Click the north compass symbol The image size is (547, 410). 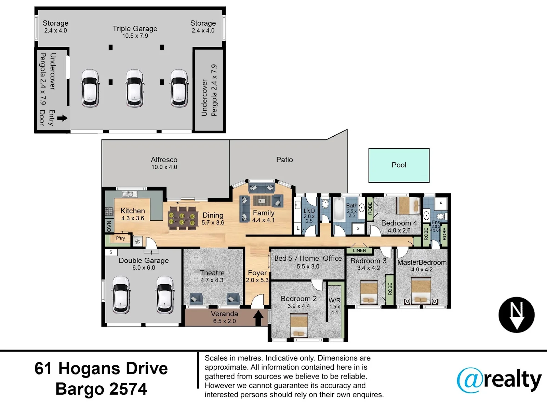pos(516,315)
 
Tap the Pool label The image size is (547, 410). pos(399,165)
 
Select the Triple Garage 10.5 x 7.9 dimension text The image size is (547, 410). pos(135,36)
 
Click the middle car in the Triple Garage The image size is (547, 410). pos(135,88)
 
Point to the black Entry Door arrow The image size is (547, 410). pos(62,118)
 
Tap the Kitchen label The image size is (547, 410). pos(133,211)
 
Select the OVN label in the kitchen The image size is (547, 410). pos(109,226)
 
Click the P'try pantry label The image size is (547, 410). pos(120,238)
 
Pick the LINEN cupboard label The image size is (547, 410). pos(359,250)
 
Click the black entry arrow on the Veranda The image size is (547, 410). pos(258,318)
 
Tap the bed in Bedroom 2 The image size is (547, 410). pos(299,326)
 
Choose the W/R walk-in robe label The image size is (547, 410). pos(334,300)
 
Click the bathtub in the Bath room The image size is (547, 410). pos(339,209)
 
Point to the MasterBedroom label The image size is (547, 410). pos(422,262)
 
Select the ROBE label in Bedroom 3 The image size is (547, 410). pos(390,289)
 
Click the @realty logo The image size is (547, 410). pos(499,380)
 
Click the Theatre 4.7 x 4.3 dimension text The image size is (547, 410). pos(212,280)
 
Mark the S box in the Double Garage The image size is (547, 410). pos(111,252)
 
